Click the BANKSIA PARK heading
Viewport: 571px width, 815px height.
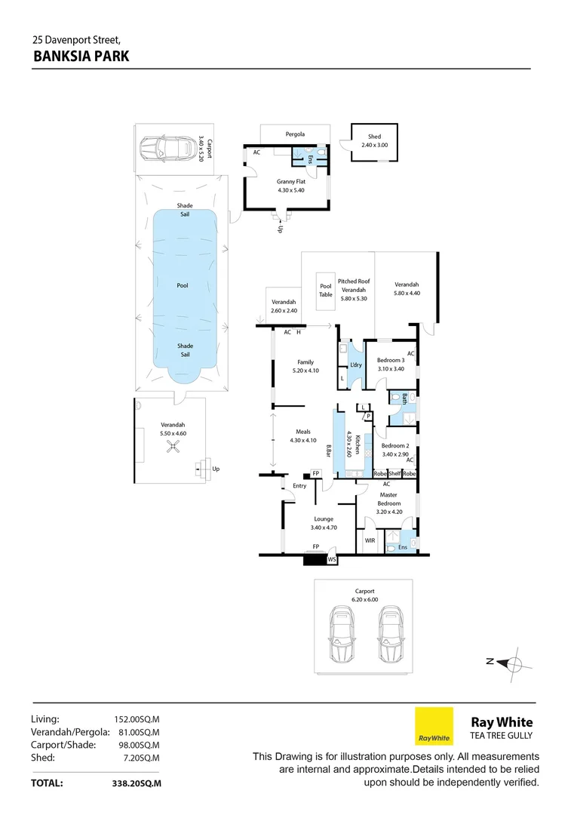81,56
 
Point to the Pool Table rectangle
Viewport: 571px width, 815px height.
326,291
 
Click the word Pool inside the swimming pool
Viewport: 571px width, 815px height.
182,285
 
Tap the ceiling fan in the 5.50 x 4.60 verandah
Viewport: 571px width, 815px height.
173,448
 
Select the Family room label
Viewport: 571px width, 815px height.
305,362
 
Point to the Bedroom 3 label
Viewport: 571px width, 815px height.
391,360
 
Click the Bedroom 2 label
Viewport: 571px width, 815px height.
394,446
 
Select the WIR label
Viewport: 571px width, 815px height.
370,540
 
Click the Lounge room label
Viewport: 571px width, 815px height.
323,519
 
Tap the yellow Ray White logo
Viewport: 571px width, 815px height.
434,726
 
